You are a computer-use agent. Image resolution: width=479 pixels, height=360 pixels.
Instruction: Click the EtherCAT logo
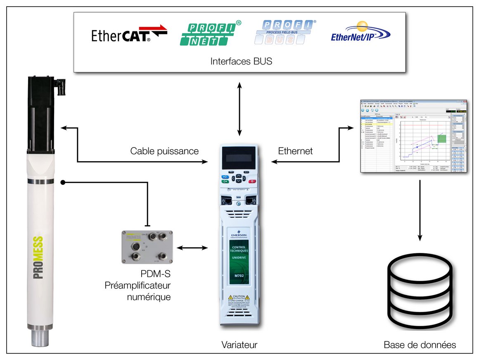pyautogui.click(x=129, y=35)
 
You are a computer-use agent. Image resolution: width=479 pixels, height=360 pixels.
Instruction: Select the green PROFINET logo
pyautogui.click(x=210, y=33)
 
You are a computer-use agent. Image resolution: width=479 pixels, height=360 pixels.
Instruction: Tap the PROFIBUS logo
pyautogui.click(x=285, y=32)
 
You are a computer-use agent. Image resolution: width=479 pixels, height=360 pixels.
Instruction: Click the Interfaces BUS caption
pyautogui.click(x=241, y=62)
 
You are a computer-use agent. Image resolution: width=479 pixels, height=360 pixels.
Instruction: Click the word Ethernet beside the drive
pyautogui.click(x=295, y=151)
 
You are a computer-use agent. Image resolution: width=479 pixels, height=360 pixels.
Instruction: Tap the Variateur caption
pyautogui.click(x=239, y=345)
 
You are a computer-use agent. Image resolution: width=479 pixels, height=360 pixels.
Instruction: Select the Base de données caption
pyautogui.click(x=420, y=345)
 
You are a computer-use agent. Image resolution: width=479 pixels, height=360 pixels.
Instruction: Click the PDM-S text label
pyautogui.click(x=156, y=274)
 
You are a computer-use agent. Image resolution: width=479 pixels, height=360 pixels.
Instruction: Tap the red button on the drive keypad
pyautogui.click(x=252, y=181)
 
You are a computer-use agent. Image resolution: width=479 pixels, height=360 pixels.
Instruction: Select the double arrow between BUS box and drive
pyautogui.click(x=239, y=109)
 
